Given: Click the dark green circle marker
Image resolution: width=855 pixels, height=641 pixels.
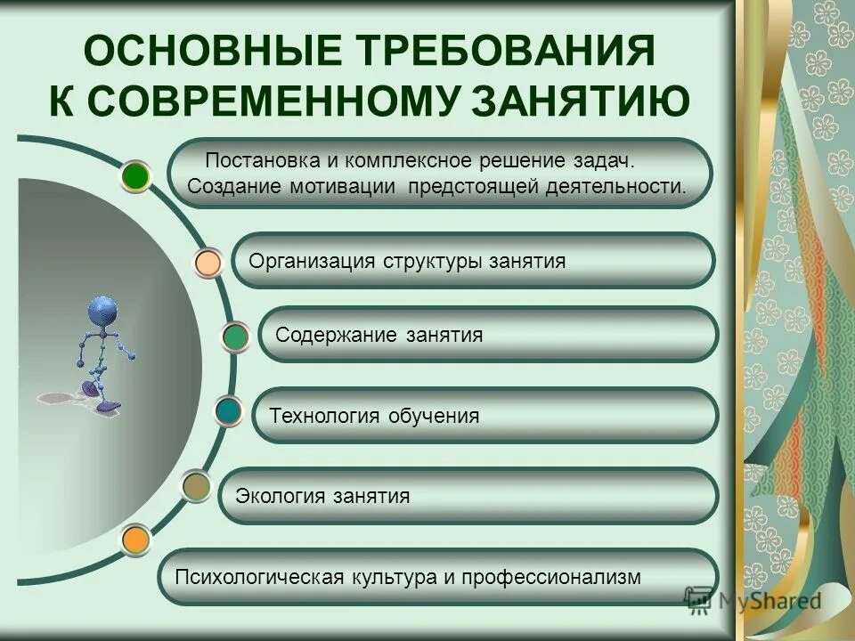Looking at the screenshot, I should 135,175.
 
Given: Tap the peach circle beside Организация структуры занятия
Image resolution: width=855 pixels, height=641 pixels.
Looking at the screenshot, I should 208,263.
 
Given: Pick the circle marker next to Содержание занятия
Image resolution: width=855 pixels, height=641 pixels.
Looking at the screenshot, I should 235,337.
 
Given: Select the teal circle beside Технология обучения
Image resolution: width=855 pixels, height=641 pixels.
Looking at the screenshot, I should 229,411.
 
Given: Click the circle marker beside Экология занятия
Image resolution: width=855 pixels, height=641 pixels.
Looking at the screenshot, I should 196,486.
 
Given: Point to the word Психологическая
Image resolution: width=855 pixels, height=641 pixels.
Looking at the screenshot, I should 259,577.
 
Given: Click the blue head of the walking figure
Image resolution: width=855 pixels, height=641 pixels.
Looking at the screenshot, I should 102,312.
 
